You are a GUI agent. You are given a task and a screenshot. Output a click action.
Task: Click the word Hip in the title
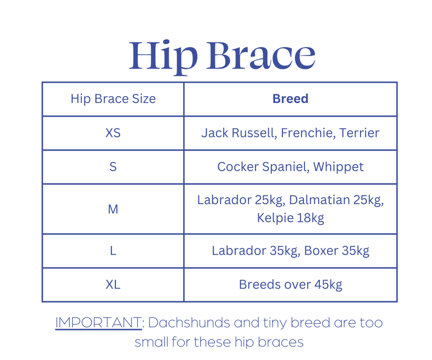pyautogui.click(x=163, y=56)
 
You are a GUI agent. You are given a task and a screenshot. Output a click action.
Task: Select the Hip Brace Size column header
pyautogui.click(x=113, y=99)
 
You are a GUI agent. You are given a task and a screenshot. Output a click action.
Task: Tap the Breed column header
pyautogui.click(x=290, y=99)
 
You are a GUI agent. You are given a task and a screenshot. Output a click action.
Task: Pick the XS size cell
pyautogui.click(x=113, y=133)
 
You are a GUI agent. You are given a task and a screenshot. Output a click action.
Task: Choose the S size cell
pyautogui.click(x=113, y=167)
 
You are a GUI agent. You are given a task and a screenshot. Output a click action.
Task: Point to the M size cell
pyautogui.click(x=113, y=209)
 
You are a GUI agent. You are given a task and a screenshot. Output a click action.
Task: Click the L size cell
pyautogui.click(x=113, y=251)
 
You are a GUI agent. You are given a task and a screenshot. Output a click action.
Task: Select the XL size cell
pyautogui.click(x=113, y=284)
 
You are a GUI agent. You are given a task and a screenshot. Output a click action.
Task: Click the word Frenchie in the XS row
pyautogui.click(x=308, y=133)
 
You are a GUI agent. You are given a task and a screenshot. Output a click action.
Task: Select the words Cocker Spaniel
pyautogui.click(x=263, y=167)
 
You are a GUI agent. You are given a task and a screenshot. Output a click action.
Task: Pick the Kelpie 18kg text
pyautogui.click(x=290, y=218)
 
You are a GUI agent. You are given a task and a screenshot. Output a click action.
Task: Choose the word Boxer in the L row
pyautogui.click(x=320, y=251)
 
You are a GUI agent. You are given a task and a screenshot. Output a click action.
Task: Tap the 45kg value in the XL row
pyautogui.click(x=327, y=284)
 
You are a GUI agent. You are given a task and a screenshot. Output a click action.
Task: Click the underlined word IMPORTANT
pyautogui.click(x=98, y=323)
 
